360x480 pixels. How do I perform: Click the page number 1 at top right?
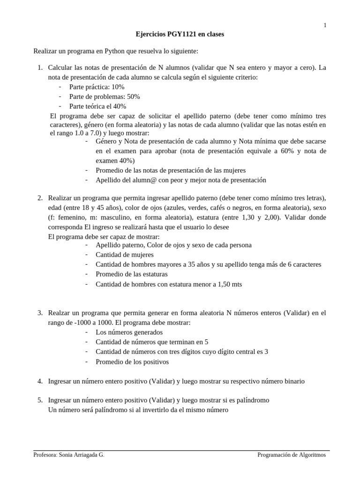pyautogui.click(x=325, y=25)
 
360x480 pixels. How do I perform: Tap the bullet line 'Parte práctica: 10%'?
pyautogui.click(x=97, y=87)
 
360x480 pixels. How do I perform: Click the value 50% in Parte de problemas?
pyautogui.click(x=133, y=97)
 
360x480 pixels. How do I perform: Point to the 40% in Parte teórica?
pyautogui.click(x=120, y=106)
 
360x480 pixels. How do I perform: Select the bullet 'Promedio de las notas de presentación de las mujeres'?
pyautogui.click(x=170, y=170)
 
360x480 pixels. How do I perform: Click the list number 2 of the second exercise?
pyautogui.click(x=40, y=198)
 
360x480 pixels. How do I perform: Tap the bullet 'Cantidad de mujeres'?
pyautogui.click(x=124, y=255)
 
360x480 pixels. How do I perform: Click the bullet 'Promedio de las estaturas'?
pyautogui.click(x=131, y=274)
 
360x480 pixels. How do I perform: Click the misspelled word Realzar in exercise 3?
pyautogui.click(x=60, y=313)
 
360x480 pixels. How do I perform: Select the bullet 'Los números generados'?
pyautogui.click(x=129, y=332)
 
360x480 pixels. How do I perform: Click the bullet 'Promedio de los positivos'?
pyautogui.click(x=132, y=362)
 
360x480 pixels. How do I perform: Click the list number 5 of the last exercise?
pyautogui.click(x=40, y=400)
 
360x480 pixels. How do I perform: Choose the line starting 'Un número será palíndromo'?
pyautogui.click(x=138, y=410)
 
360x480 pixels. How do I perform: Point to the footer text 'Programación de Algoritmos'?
pyautogui.click(x=292, y=455)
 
